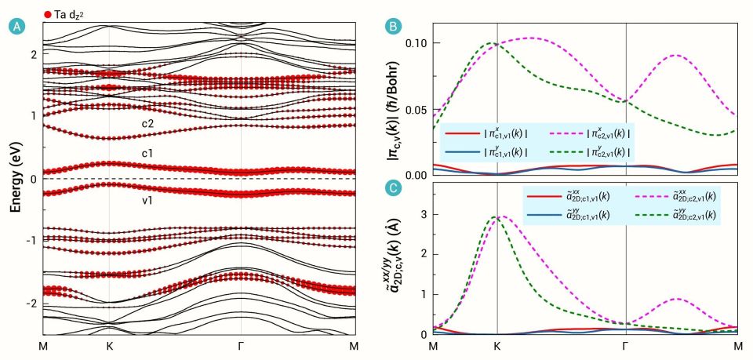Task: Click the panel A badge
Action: coord(13,27)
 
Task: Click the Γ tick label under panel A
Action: coord(240,345)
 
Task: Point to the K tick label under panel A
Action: coord(109,345)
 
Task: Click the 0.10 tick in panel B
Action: coord(417,42)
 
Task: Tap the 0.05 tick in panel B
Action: coord(417,109)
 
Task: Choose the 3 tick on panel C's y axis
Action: coord(424,214)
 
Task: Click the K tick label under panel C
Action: coord(497,345)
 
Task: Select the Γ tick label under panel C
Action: coord(625,345)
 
